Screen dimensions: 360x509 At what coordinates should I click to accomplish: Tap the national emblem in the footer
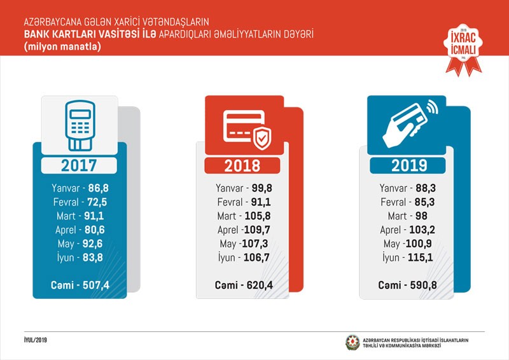point(352,342)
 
